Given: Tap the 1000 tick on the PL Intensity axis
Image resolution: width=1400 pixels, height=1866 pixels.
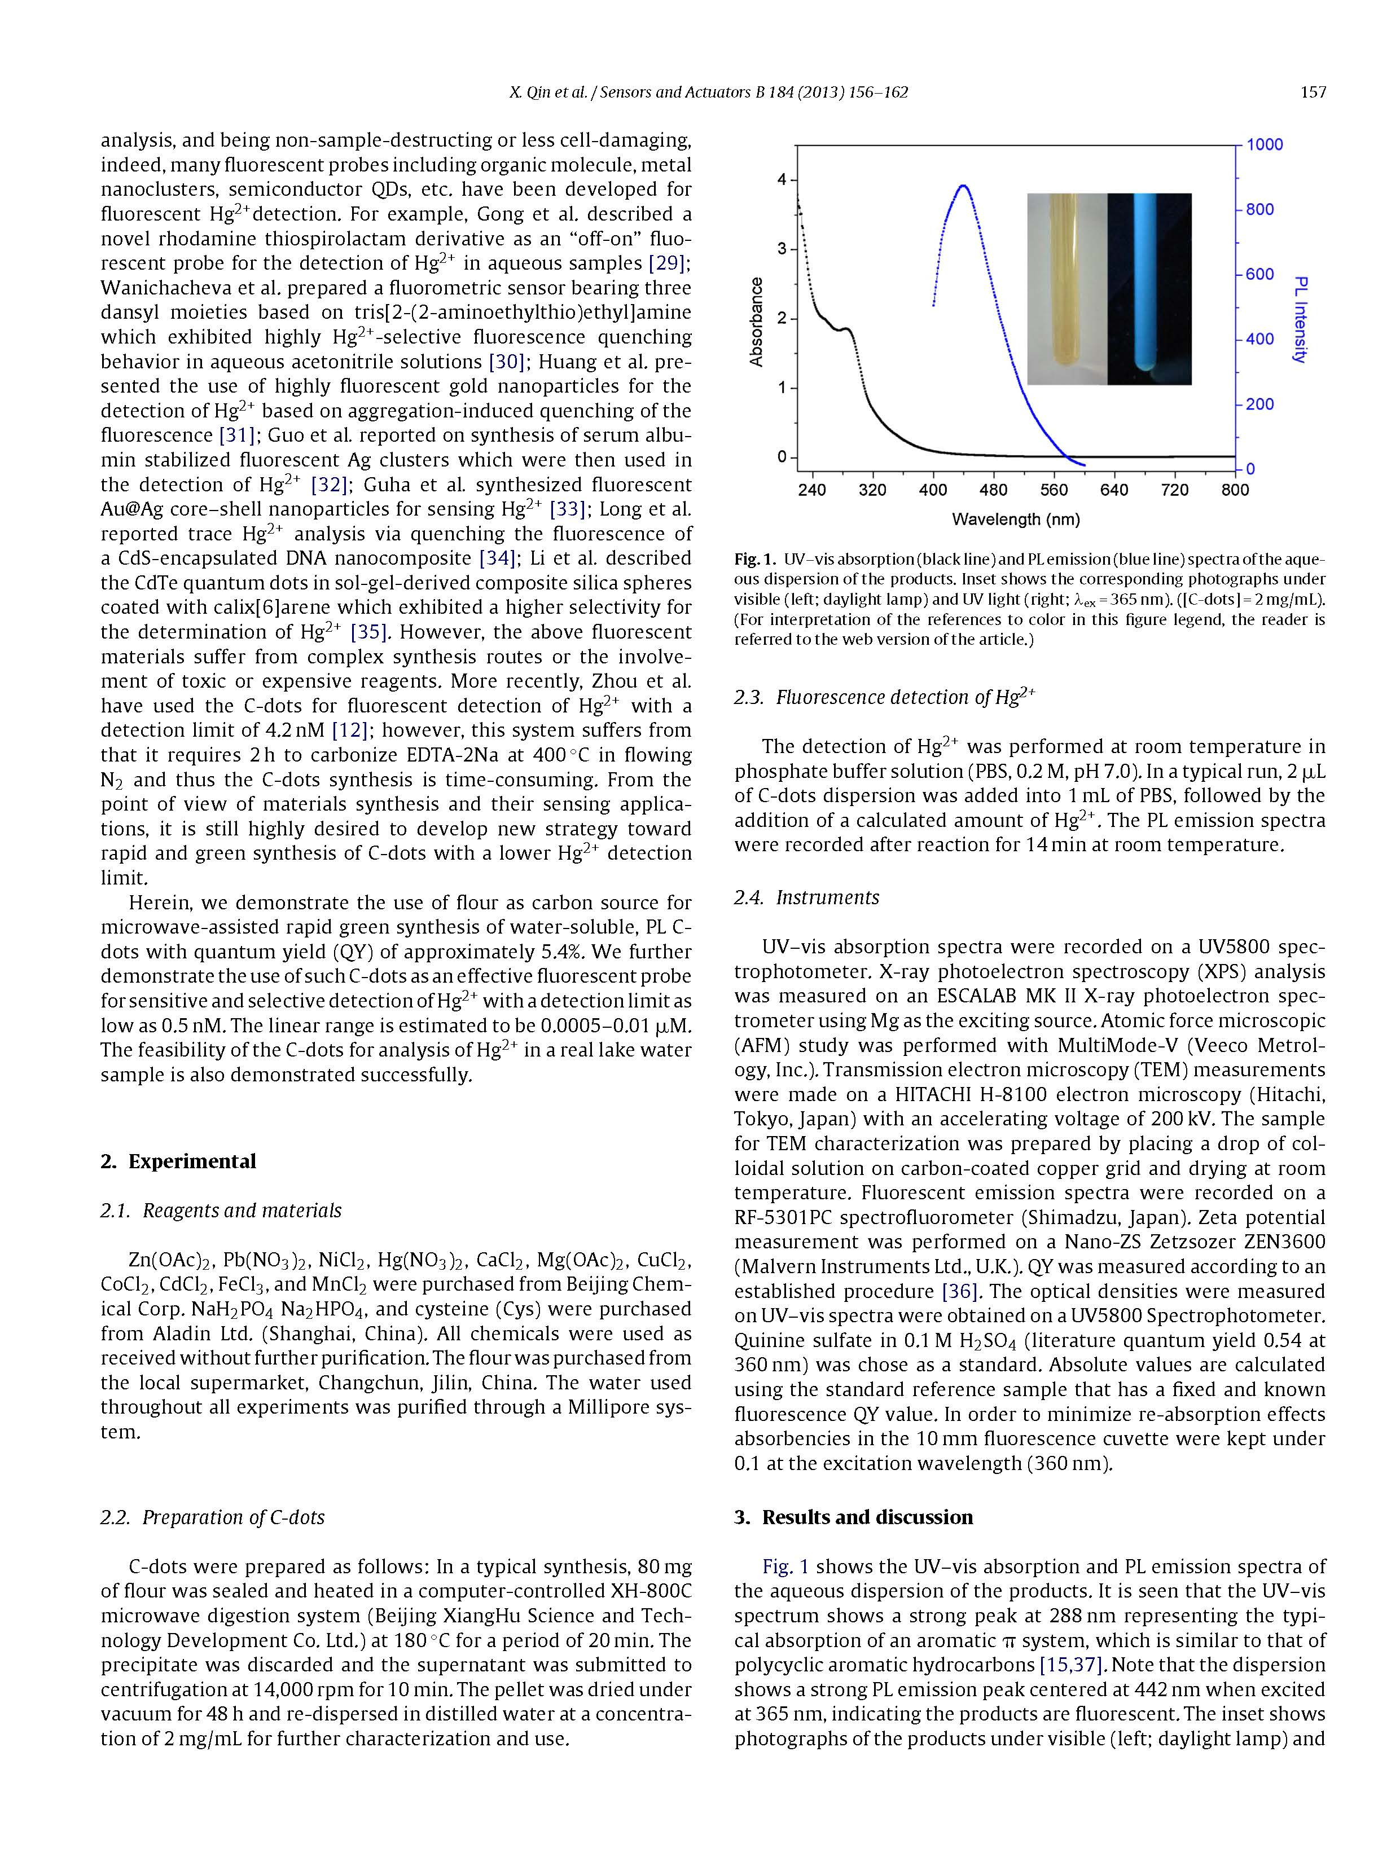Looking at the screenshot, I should [1264, 144].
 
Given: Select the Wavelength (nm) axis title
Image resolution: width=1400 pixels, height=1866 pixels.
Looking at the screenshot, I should [1015, 520].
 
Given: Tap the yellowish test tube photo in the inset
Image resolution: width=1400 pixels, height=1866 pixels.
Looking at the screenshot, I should [1066, 288].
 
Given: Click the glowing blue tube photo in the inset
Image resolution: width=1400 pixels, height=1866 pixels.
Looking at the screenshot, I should [1148, 288].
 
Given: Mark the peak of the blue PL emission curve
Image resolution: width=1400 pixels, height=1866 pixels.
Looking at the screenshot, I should [963, 186].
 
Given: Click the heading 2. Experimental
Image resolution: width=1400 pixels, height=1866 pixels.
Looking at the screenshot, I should [178, 1161].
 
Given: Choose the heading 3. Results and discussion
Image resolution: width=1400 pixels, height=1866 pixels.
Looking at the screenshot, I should [853, 1517].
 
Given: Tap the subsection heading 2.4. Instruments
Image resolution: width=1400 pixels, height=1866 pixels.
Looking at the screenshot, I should [806, 897].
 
